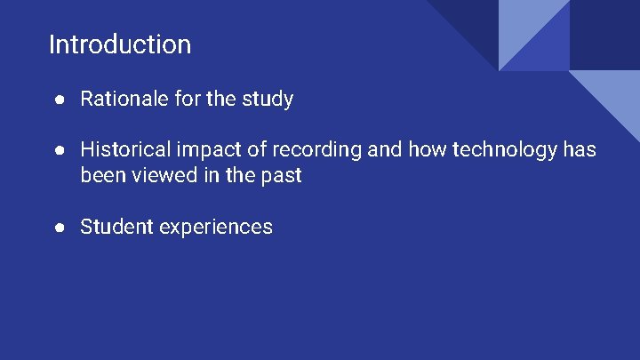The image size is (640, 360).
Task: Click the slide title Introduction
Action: coord(120,44)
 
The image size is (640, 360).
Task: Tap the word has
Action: coord(580,150)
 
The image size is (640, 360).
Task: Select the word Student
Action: coord(116,227)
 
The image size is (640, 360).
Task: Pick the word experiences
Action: coord(216,228)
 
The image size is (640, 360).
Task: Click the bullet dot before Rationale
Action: coord(58,100)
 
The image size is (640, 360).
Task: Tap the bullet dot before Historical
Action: coord(58,150)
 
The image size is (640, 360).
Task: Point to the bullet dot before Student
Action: coord(58,228)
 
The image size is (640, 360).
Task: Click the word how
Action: coord(428,150)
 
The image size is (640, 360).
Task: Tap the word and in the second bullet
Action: coord(384,150)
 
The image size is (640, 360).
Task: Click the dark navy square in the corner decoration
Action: coord(604,34)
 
